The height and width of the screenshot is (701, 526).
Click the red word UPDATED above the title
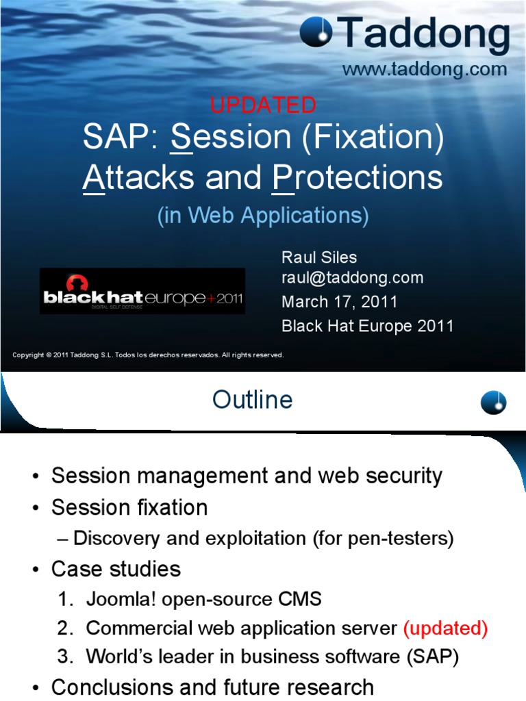pyautogui.click(x=263, y=105)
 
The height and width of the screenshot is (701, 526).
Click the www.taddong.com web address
pyautogui.click(x=425, y=69)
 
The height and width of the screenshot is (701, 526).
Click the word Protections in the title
pyautogui.click(x=357, y=178)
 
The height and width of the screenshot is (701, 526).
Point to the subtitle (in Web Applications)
pyautogui.click(x=263, y=216)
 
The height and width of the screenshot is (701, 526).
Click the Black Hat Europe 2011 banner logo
pyautogui.click(x=142, y=291)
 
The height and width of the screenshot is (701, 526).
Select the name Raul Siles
pyautogui.click(x=319, y=257)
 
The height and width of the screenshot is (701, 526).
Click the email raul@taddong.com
pyautogui.click(x=352, y=278)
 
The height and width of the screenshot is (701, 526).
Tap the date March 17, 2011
pyautogui.click(x=339, y=302)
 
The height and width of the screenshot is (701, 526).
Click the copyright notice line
pyautogui.click(x=148, y=355)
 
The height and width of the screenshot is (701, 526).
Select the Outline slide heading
pyautogui.click(x=252, y=400)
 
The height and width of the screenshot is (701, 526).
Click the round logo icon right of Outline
pyautogui.click(x=493, y=401)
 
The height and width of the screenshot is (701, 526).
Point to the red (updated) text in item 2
pyautogui.click(x=445, y=628)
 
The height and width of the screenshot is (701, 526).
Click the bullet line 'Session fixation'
pyautogui.click(x=129, y=507)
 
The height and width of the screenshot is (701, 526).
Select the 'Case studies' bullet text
pyautogui.click(x=116, y=569)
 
